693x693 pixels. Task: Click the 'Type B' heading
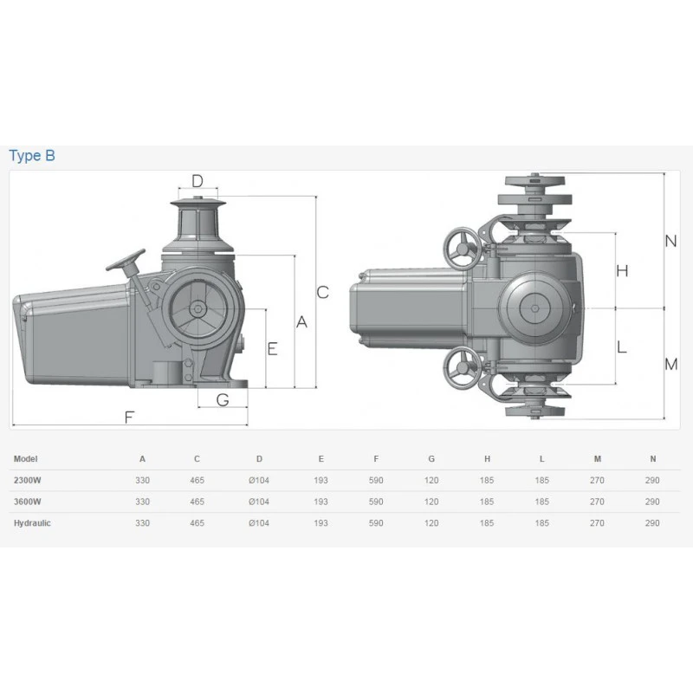32,156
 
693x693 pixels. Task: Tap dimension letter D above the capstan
198,181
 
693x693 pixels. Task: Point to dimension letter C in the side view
322,292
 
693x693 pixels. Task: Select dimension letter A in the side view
301,321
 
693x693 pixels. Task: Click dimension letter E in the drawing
272,349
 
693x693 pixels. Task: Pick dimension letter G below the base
223,400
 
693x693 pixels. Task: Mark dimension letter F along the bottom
129,418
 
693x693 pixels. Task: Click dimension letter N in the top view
670,241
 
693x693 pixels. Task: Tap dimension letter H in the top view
622,270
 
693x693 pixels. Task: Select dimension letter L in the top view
621,347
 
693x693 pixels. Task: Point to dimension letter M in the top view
670,364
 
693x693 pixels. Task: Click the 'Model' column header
26,459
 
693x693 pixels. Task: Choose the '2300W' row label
28,480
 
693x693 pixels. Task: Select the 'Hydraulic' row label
32,523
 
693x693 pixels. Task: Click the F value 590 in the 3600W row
376,502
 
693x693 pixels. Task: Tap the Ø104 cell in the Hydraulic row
259,523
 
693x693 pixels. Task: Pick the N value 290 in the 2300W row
652,480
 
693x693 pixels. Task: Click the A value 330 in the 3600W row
142,502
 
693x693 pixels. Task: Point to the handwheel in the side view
126,261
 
